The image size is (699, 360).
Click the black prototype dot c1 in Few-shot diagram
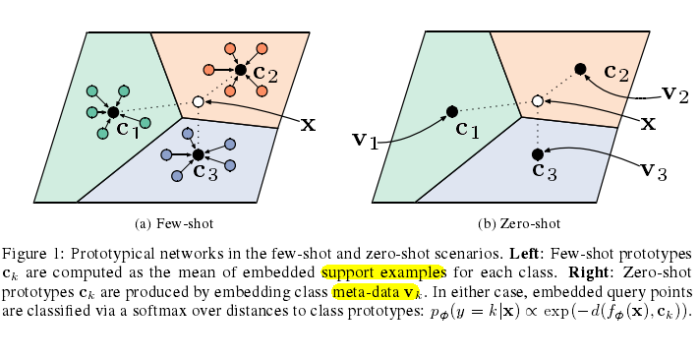coord(112,112)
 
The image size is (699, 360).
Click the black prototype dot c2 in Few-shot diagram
coord(240,70)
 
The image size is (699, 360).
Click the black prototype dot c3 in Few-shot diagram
coord(198,154)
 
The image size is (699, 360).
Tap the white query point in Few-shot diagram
coord(198,101)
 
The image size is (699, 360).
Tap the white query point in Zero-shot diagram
coord(537,100)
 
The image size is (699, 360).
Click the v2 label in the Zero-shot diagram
coord(673,94)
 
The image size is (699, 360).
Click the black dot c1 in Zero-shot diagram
coord(451,111)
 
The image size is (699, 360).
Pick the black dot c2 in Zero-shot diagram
coord(580,68)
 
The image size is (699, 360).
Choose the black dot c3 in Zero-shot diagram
coord(537,154)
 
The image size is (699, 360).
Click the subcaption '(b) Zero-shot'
coord(521,223)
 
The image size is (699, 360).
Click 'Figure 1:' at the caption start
coord(31,253)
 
